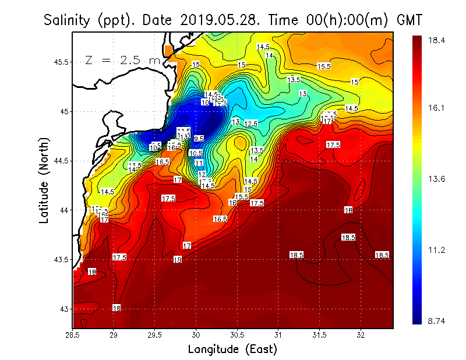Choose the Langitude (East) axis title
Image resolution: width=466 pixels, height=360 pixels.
[232, 350]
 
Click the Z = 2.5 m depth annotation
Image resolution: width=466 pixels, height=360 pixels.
[123, 60]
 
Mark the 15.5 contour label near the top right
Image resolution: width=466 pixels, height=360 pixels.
[324, 66]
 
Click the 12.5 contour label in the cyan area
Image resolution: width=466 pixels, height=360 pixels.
[251, 123]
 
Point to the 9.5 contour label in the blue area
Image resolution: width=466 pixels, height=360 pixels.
[199, 139]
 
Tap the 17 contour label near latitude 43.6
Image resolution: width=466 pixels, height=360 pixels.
[187, 246]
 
